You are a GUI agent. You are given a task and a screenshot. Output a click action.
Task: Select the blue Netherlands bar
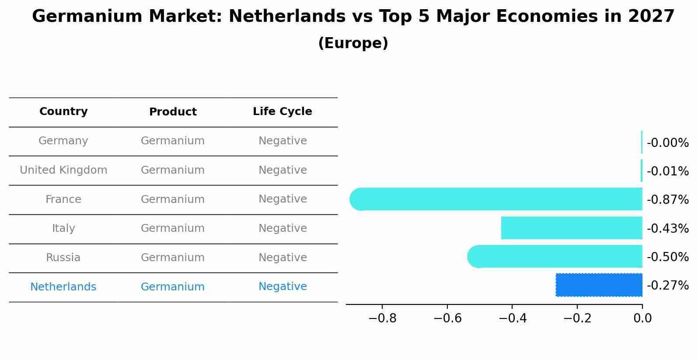click(599, 285)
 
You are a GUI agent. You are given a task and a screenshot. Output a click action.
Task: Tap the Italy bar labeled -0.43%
click(571, 228)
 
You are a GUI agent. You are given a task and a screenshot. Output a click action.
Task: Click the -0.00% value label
click(667, 143)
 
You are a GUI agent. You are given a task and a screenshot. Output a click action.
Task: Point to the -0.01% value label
click(667, 171)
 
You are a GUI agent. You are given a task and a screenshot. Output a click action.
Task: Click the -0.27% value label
click(667, 285)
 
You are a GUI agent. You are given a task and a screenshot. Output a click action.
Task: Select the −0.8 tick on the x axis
click(382, 318)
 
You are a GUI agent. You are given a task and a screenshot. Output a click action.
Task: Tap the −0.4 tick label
click(512, 318)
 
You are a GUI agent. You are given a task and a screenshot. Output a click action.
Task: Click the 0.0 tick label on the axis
click(642, 318)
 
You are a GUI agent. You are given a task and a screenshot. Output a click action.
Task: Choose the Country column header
click(63, 112)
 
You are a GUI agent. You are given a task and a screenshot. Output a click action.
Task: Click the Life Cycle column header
click(283, 112)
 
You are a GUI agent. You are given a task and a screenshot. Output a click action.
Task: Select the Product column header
click(173, 112)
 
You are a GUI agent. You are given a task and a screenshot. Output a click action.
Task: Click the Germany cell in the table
click(63, 141)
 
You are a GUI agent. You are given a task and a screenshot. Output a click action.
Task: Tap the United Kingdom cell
click(63, 170)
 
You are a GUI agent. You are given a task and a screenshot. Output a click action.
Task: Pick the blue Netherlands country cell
click(63, 287)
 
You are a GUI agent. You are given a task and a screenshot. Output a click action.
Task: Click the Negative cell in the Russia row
click(283, 258)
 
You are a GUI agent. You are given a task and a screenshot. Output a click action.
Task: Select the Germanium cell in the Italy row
click(173, 228)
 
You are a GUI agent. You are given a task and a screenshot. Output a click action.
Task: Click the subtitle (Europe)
click(353, 43)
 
